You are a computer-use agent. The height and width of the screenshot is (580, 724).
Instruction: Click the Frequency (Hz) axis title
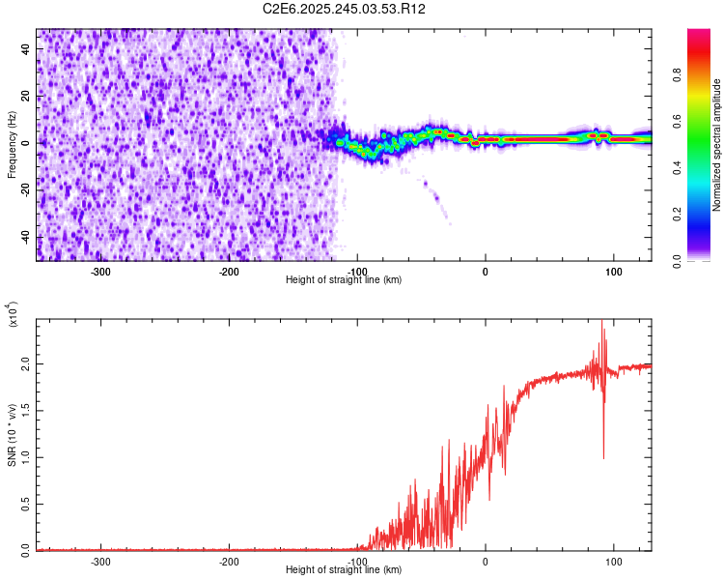point(12,145)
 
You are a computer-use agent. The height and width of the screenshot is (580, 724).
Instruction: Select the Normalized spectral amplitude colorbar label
point(717,145)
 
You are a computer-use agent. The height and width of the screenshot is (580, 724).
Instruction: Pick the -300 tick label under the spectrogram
point(101,271)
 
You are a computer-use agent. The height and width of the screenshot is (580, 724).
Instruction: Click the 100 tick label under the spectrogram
point(613,271)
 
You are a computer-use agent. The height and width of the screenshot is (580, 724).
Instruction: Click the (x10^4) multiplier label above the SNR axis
point(14,314)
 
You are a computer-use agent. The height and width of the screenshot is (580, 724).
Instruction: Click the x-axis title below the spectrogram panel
point(344,279)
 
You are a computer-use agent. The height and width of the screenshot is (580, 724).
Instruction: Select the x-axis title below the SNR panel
point(344,569)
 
